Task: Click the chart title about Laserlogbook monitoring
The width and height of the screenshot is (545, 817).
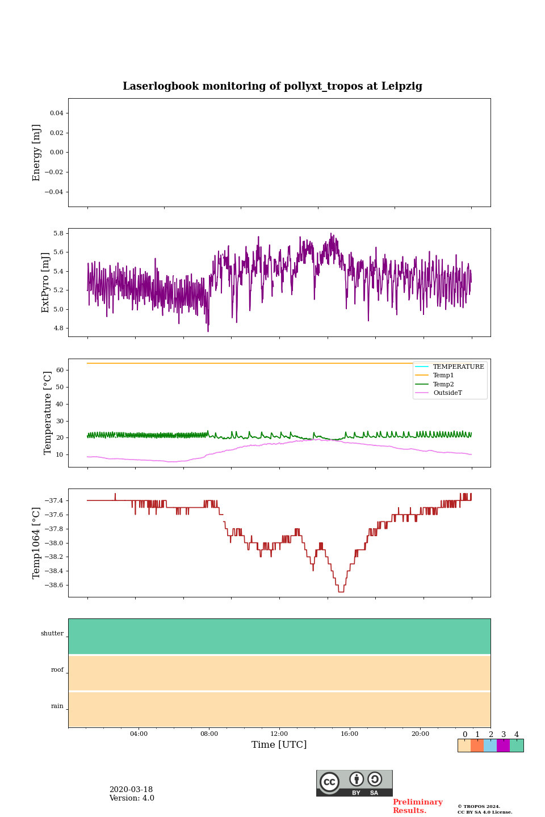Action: click(x=272, y=86)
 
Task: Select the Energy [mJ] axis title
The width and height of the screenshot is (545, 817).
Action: click(x=37, y=153)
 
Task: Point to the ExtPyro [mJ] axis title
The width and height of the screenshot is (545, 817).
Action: click(x=46, y=283)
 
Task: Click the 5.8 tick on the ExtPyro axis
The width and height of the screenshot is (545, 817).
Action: click(x=58, y=233)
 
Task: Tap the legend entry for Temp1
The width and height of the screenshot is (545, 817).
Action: click(x=443, y=376)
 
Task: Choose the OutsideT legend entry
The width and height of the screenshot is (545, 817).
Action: click(x=447, y=393)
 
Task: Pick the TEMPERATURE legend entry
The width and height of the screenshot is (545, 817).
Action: click(x=458, y=367)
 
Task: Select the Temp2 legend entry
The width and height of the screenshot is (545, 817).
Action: click(x=443, y=385)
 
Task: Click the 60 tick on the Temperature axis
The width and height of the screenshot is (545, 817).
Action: click(x=60, y=370)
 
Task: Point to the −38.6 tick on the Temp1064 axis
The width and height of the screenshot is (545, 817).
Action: click(x=51, y=585)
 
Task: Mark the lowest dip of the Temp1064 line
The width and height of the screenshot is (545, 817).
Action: click(x=341, y=592)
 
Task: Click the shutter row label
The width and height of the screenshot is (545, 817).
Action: click(x=52, y=634)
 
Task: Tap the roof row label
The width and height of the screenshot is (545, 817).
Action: click(x=57, y=670)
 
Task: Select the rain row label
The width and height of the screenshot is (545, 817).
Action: click(x=57, y=706)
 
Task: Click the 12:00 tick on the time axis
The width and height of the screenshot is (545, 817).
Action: click(x=279, y=734)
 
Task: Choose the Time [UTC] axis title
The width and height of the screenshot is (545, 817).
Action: click(x=279, y=745)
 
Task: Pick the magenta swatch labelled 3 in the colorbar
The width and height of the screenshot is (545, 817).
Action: click(x=503, y=746)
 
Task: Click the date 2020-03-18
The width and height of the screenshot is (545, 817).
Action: click(x=131, y=790)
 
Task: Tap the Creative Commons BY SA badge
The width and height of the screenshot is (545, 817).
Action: click(x=354, y=783)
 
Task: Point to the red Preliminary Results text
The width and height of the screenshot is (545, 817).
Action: click(x=417, y=806)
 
